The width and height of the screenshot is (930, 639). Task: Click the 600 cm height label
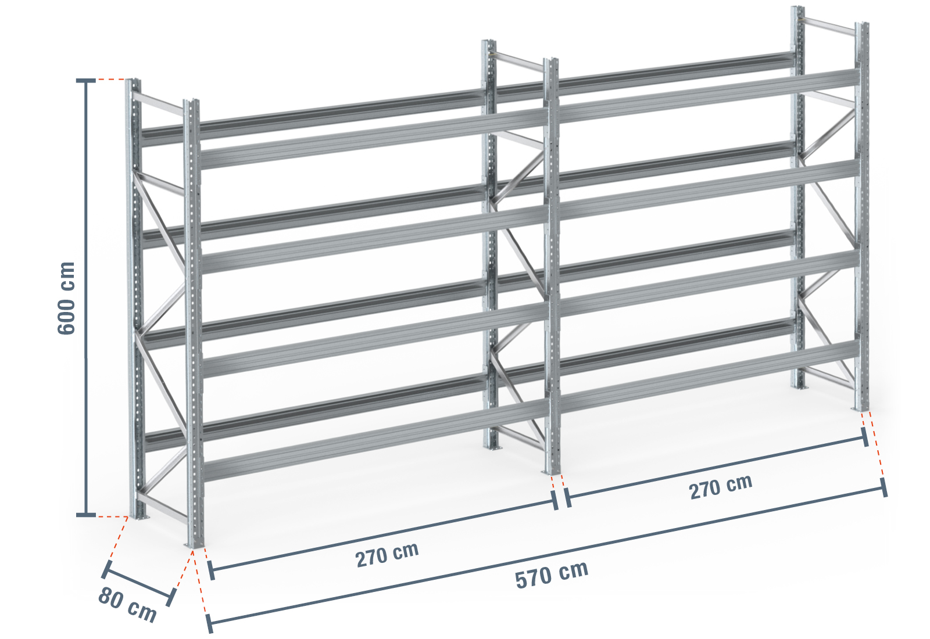tap(66, 298)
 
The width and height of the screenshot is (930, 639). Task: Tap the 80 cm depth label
tap(127, 605)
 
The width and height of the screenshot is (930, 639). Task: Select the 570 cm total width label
tap(552, 575)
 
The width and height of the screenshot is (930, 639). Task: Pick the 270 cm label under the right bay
tap(721, 487)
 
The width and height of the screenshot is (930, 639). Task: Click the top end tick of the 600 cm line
tap(86, 81)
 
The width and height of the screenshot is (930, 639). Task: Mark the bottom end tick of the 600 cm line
tap(86, 515)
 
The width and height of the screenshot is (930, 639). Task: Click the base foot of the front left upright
tap(194, 545)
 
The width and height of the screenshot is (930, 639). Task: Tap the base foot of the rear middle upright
tap(492, 447)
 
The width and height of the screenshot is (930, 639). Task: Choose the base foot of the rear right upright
tap(799, 387)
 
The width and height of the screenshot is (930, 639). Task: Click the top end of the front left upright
tap(191, 102)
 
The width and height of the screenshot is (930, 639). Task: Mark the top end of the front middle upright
tap(550, 61)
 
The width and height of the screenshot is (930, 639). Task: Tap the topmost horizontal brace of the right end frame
tap(829, 26)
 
